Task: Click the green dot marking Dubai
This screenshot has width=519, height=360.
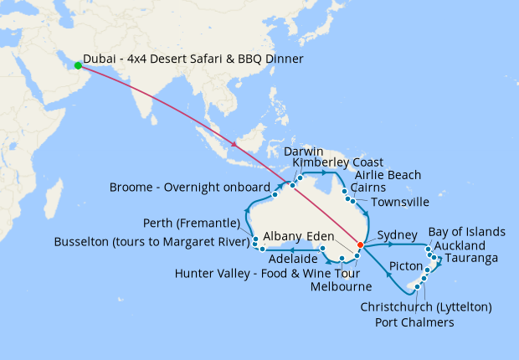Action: (x=78, y=65)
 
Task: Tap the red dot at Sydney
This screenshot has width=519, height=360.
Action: (x=360, y=245)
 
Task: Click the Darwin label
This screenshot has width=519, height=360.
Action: (x=303, y=151)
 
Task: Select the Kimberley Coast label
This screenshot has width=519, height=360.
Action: (x=337, y=162)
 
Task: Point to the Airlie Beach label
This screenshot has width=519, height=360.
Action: (x=388, y=175)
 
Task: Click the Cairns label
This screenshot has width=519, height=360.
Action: (x=369, y=188)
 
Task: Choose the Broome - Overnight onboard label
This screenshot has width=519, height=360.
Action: (x=189, y=187)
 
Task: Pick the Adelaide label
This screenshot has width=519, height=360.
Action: (x=288, y=260)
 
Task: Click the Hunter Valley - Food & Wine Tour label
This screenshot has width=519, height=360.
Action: (x=267, y=273)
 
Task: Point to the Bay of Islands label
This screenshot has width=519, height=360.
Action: (x=466, y=231)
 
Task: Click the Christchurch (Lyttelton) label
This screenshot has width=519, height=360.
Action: (x=425, y=307)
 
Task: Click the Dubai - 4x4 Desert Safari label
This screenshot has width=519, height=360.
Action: (x=193, y=59)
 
